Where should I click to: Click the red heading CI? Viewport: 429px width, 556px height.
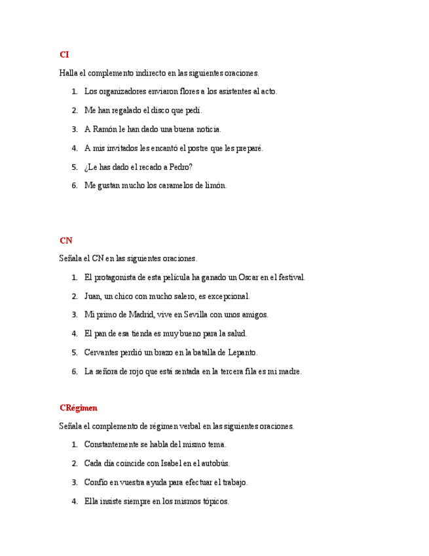(x=64, y=54)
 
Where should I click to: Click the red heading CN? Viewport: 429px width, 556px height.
(x=65, y=241)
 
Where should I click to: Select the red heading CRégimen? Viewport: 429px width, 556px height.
(x=78, y=408)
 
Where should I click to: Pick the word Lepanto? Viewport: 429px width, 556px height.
(x=242, y=352)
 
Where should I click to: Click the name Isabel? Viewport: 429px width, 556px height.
(x=190, y=464)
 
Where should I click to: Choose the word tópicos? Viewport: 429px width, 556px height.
(x=215, y=502)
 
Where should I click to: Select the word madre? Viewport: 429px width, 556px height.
(x=289, y=371)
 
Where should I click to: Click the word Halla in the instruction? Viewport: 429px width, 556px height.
(x=67, y=73)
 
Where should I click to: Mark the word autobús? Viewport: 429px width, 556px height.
(x=215, y=464)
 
